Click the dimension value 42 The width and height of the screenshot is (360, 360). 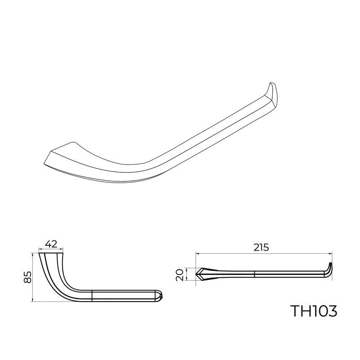[51, 245]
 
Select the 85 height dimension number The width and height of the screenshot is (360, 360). [27, 277]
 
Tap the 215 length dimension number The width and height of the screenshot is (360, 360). [261, 247]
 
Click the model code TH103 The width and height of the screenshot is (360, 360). [313, 311]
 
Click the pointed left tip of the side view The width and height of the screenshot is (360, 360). [197, 273]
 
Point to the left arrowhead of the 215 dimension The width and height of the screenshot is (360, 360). [197, 253]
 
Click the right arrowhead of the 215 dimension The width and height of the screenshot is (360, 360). [331, 253]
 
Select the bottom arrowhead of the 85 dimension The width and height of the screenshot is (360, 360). [33, 300]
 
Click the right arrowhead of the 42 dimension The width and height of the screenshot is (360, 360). [62, 249]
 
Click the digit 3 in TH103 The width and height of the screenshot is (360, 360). [332, 311]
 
